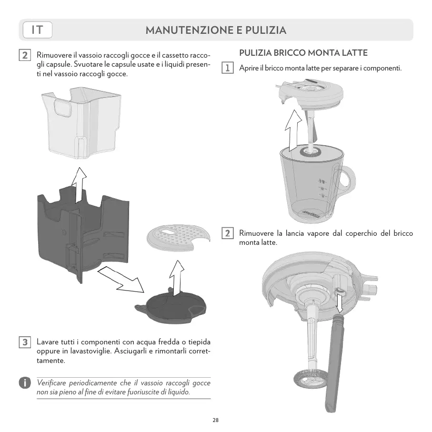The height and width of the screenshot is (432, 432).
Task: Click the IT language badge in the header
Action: point(37,30)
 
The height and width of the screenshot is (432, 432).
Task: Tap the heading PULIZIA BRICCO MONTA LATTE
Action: point(303,52)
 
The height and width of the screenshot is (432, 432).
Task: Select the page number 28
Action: point(216,420)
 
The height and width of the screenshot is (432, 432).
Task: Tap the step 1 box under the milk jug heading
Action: point(229,68)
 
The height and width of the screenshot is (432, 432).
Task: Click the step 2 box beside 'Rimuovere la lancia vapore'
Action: point(229,233)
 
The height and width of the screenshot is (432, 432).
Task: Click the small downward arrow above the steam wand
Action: point(340,301)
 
